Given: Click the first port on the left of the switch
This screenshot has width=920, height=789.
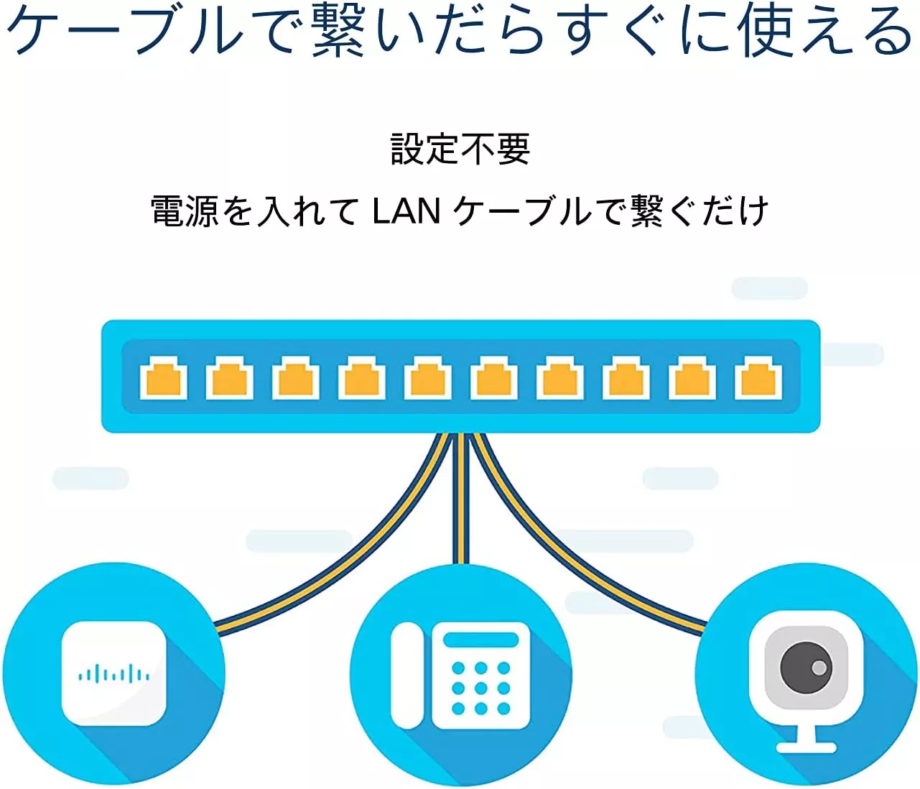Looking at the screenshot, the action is [163, 377].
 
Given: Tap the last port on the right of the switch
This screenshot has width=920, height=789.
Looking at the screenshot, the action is [758, 377].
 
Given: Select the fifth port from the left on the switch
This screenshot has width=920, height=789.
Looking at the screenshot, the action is [428, 377].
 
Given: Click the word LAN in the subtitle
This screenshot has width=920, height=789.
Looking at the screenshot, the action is [406, 211].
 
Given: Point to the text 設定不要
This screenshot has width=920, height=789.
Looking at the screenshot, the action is [460, 149].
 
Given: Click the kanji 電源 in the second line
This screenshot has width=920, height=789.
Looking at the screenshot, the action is [185, 211].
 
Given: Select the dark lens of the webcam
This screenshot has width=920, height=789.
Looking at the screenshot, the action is [806, 667].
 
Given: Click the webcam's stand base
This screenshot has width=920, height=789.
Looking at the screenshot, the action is [806, 747].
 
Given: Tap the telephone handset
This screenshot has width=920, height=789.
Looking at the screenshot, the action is [406, 675].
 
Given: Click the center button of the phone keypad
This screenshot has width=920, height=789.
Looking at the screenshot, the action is [480, 688].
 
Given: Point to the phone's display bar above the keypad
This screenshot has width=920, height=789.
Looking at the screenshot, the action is [481, 640].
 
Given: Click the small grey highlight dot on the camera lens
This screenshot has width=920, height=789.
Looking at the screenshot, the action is [819, 668].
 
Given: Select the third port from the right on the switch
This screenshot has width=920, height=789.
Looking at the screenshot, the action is [626, 377].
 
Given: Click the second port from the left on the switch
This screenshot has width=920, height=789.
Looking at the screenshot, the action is [229, 377].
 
